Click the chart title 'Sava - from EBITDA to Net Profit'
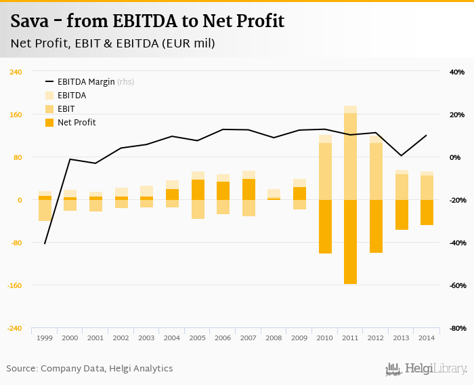[147, 22]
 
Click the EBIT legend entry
[66, 109]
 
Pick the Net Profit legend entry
[76, 123]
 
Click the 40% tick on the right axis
[456, 72]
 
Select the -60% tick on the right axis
[456, 285]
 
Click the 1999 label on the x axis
[45, 338]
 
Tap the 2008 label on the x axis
[274, 338]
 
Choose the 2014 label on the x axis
[427, 338]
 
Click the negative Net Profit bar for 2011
[350, 241]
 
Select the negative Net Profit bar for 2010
[325, 226]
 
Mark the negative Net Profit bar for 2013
[402, 215]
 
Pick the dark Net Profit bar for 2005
[198, 190]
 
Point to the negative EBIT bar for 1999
[45, 210]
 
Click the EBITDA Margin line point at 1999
[45, 243]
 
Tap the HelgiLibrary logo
[426, 369]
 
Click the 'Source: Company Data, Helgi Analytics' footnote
[89, 369]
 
